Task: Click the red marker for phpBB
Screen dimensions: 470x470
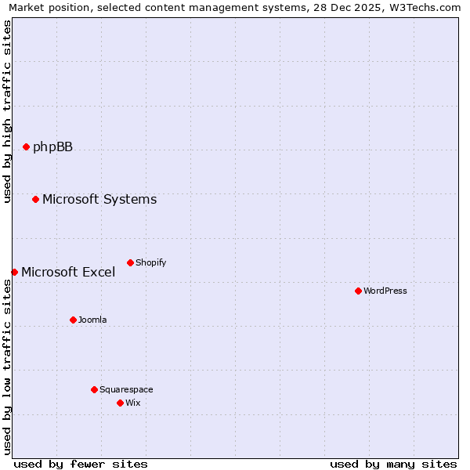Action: coord(26,146)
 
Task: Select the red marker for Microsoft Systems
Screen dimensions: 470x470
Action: coord(35,199)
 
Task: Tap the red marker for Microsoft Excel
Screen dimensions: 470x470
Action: coord(14,272)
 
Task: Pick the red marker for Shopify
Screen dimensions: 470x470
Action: coord(130,262)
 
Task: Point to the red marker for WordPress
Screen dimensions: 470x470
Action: coord(358,291)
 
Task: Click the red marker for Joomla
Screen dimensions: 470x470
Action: coord(73,320)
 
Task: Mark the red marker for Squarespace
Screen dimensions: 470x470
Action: coord(94,389)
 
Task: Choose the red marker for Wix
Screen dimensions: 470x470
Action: coord(120,403)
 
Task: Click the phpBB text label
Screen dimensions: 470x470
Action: coord(52,146)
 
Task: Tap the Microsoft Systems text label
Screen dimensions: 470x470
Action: coord(99,199)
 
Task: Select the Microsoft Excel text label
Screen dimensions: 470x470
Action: coord(68,272)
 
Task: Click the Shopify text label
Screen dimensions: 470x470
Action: coord(150,262)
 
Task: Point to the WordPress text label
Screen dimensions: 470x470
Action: coord(385,291)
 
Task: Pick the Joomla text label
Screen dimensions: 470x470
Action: coord(92,320)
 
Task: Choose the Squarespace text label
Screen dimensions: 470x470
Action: coord(126,389)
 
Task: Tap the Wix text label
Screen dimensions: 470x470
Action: coord(132,403)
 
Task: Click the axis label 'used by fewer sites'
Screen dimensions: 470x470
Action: coord(81,464)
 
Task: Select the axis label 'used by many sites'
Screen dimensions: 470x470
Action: coord(393,464)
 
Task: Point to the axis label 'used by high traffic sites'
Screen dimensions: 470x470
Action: coord(7,111)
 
